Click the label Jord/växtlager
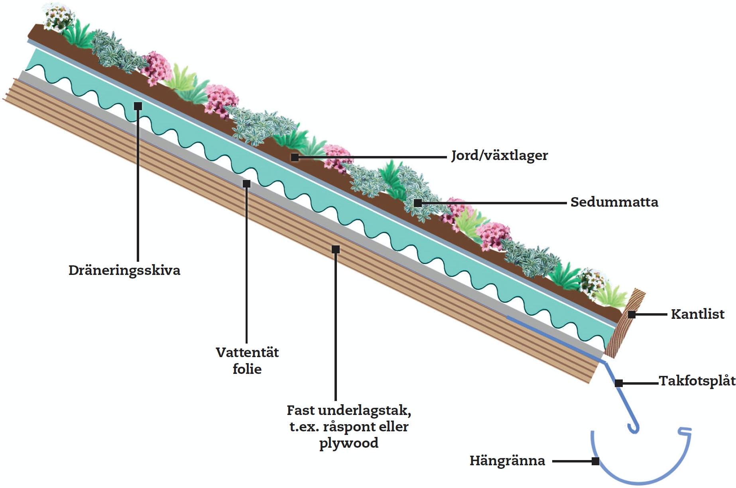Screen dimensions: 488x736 pyautogui.click(x=499, y=155)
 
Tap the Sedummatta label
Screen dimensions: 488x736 pyautogui.click(x=614, y=202)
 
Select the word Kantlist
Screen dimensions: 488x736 pyautogui.click(x=697, y=314)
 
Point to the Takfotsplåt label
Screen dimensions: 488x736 pyautogui.click(x=697, y=381)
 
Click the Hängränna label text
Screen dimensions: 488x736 pyautogui.click(x=507, y=460)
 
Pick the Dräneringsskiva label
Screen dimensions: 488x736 pyautogui.click(x=124, y=270)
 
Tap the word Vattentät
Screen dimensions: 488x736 pyautogui.click(x=247, y=352)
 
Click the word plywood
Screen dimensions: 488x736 pyautogui.click(x=349, y=443)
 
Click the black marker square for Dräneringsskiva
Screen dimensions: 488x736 pyautogui.click(x=138, y=106)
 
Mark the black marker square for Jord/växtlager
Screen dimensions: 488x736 pyautogui.click(x=295, y=157)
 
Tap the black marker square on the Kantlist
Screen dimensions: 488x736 pyautogui.click(x=632, y=315)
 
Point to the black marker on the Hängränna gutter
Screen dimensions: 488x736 pyautogui.click(x=595, y=461)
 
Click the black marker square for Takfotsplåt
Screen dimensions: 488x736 pyautogui.click(x=619, y=383)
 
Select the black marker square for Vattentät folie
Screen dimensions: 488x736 pyautogui.click(x=247, y=184)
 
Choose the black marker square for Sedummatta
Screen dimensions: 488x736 pyautogui.click(x=417, y=203)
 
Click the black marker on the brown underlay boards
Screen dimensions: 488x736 pyautogui.click(x=336, y=249)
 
